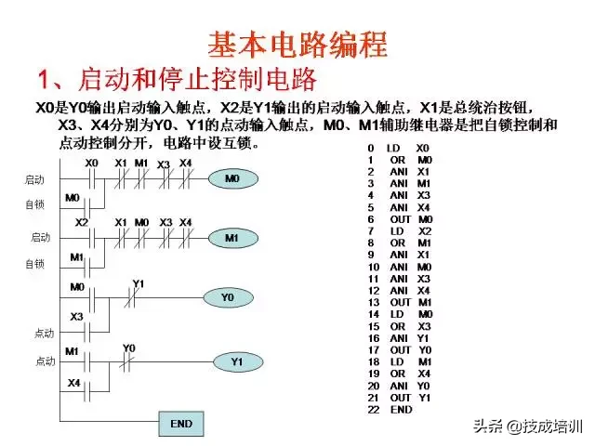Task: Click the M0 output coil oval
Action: [x=233, y=178]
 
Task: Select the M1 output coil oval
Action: [x=233, y=238]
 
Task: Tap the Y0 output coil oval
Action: [x=229, y=297]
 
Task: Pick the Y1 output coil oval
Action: [x=238, y=361]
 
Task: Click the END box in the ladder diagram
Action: [x=181, y=424]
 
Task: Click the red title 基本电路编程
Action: [x=297, y=45]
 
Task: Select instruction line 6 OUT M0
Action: [x=400, y=219]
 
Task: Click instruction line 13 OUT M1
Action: [x=400, y=303]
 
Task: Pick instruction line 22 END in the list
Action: [x=390, y=410]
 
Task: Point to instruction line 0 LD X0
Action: [x=399, y=149]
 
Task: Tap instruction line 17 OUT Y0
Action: [x=400, y=350]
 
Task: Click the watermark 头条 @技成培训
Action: [x=527, y=426]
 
